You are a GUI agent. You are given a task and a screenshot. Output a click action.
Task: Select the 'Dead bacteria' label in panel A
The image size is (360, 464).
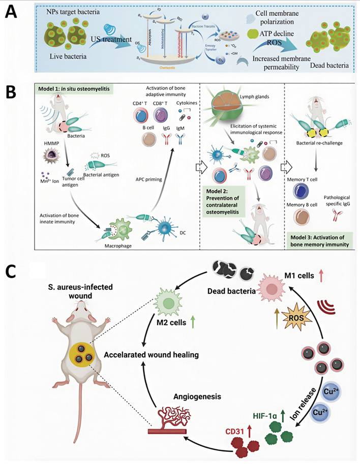tap(325, 65)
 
